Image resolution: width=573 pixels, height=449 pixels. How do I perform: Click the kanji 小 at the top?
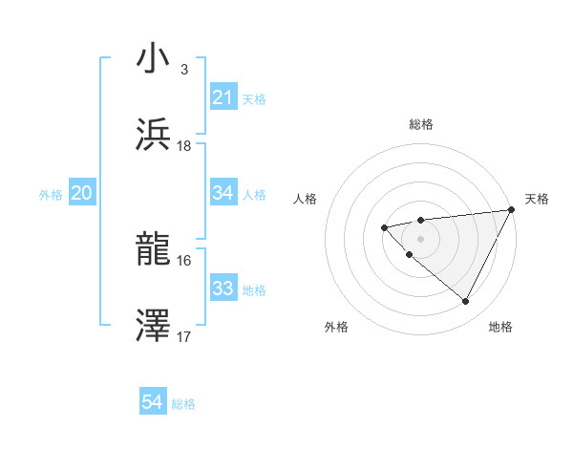(154, 58)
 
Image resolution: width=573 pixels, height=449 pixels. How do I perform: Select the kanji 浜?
(154, 134)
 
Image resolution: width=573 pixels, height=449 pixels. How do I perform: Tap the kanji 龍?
(154, 250)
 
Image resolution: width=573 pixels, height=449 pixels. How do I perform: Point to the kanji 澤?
(154, 326)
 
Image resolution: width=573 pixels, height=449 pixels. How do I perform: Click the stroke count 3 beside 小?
(183, 70)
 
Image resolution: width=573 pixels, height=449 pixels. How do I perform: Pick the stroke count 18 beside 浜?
(184, 146)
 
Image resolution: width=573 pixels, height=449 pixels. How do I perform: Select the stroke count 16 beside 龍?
(184, 260)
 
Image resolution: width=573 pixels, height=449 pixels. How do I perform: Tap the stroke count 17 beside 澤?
(184, 336)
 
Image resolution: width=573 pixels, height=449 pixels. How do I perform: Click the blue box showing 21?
(223, 97)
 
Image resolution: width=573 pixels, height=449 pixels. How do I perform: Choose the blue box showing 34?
(223, 193)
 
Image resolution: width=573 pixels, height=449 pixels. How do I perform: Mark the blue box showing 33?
(223, 289)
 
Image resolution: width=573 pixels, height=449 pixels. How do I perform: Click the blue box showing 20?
(81, 194)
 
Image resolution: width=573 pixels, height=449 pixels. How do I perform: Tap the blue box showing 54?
(153, 403)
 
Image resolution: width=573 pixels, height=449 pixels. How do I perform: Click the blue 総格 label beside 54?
(183, 404)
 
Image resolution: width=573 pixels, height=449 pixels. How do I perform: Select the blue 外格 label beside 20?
(51, 195)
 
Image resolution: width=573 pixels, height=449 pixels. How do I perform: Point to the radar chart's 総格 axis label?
(420, 124)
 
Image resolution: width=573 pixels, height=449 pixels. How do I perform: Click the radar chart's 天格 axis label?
(538, 199)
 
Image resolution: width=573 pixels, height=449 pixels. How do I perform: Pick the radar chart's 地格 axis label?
(500, 327)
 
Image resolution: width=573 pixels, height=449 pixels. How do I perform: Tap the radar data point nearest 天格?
(512, 210)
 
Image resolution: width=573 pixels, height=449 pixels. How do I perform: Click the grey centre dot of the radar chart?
(420, 238)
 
